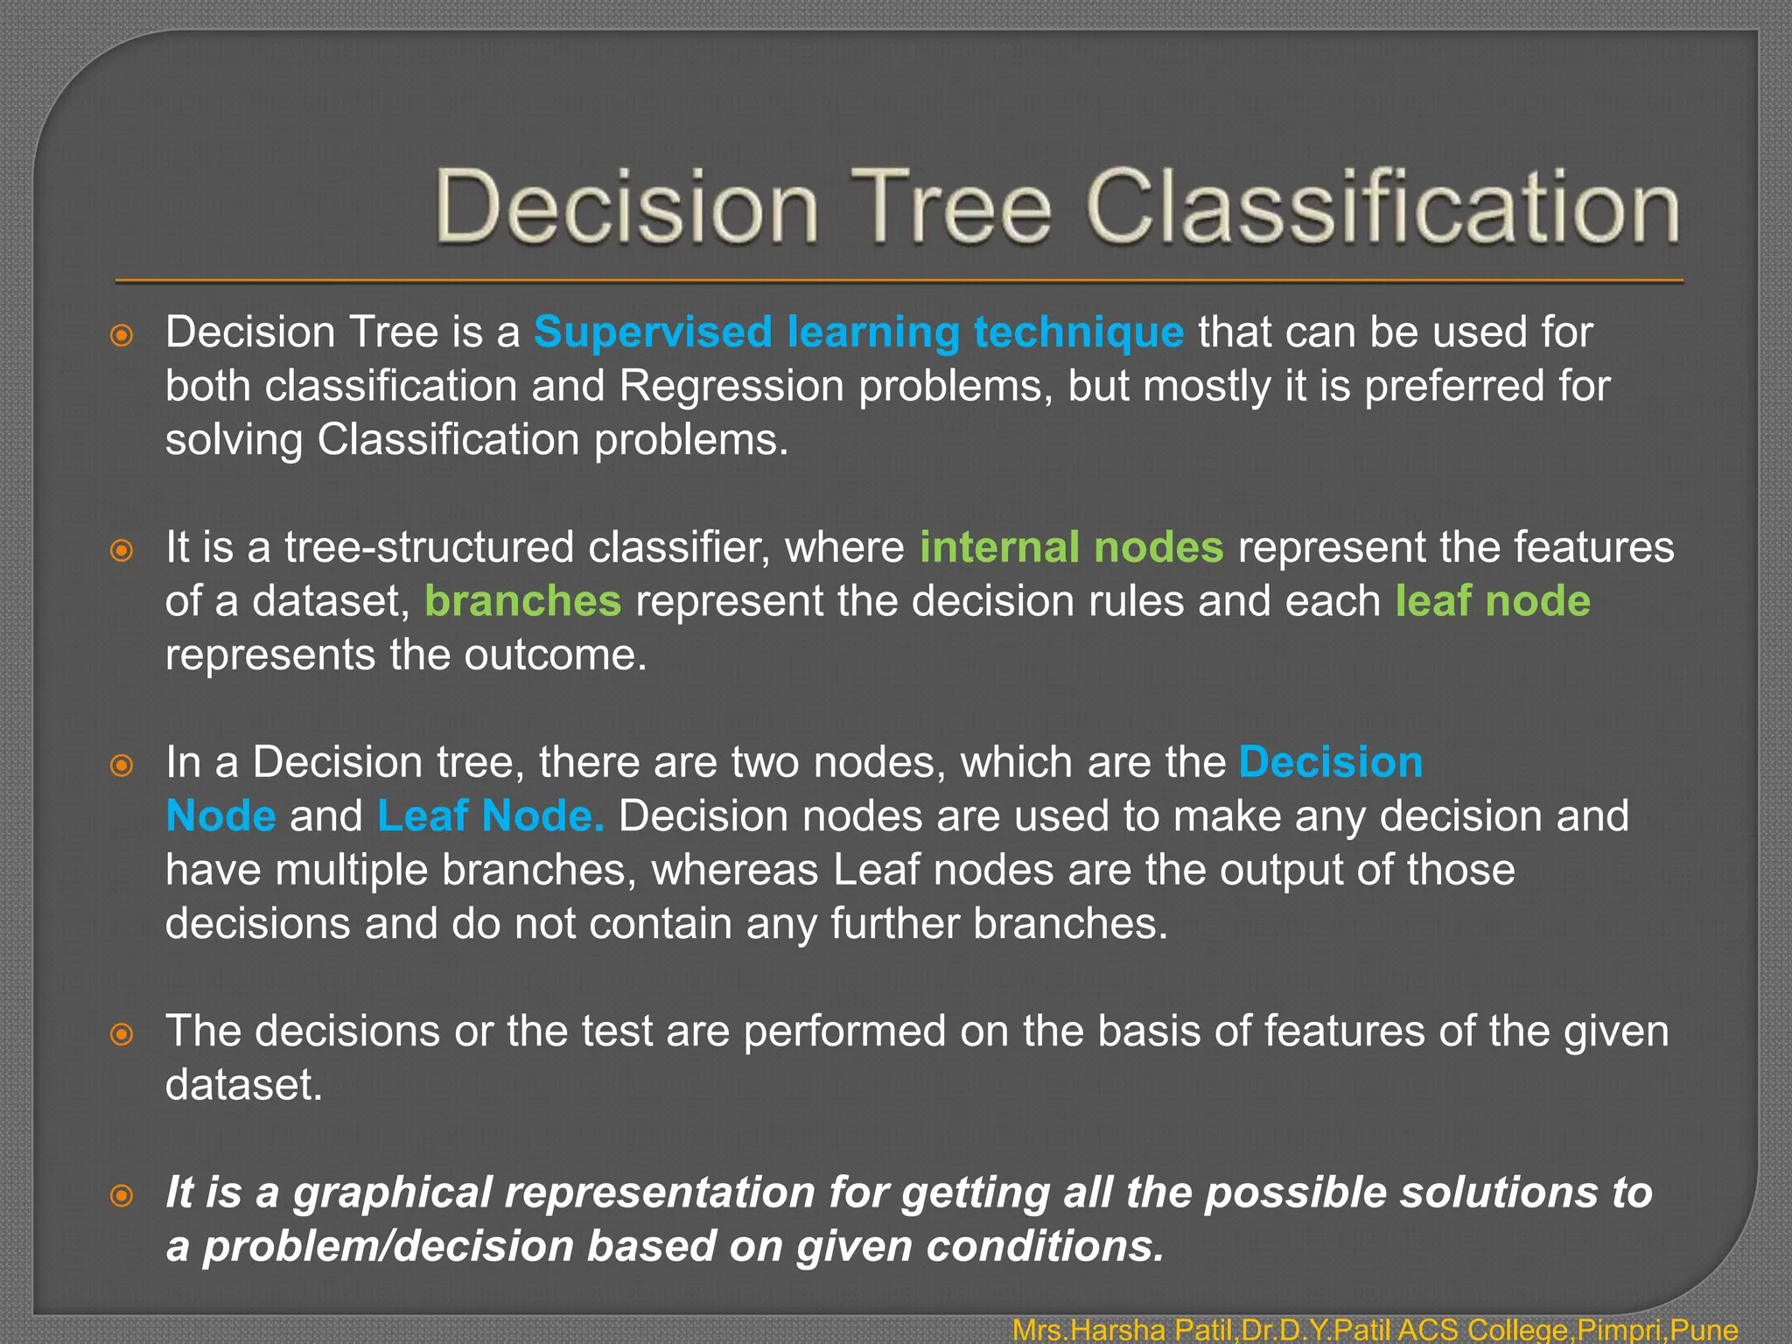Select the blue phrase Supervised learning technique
[858, 332]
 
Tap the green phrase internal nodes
[1071, 548]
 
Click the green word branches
[522, 602]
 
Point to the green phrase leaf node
[1492, 602]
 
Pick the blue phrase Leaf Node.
[490, 816]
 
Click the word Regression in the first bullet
[731, 387]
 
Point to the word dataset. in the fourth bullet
[244, 1086]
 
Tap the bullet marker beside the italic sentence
[122, 1195]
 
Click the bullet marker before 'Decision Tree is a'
[122, 335]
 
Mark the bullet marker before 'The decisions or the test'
[122, 1034]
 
